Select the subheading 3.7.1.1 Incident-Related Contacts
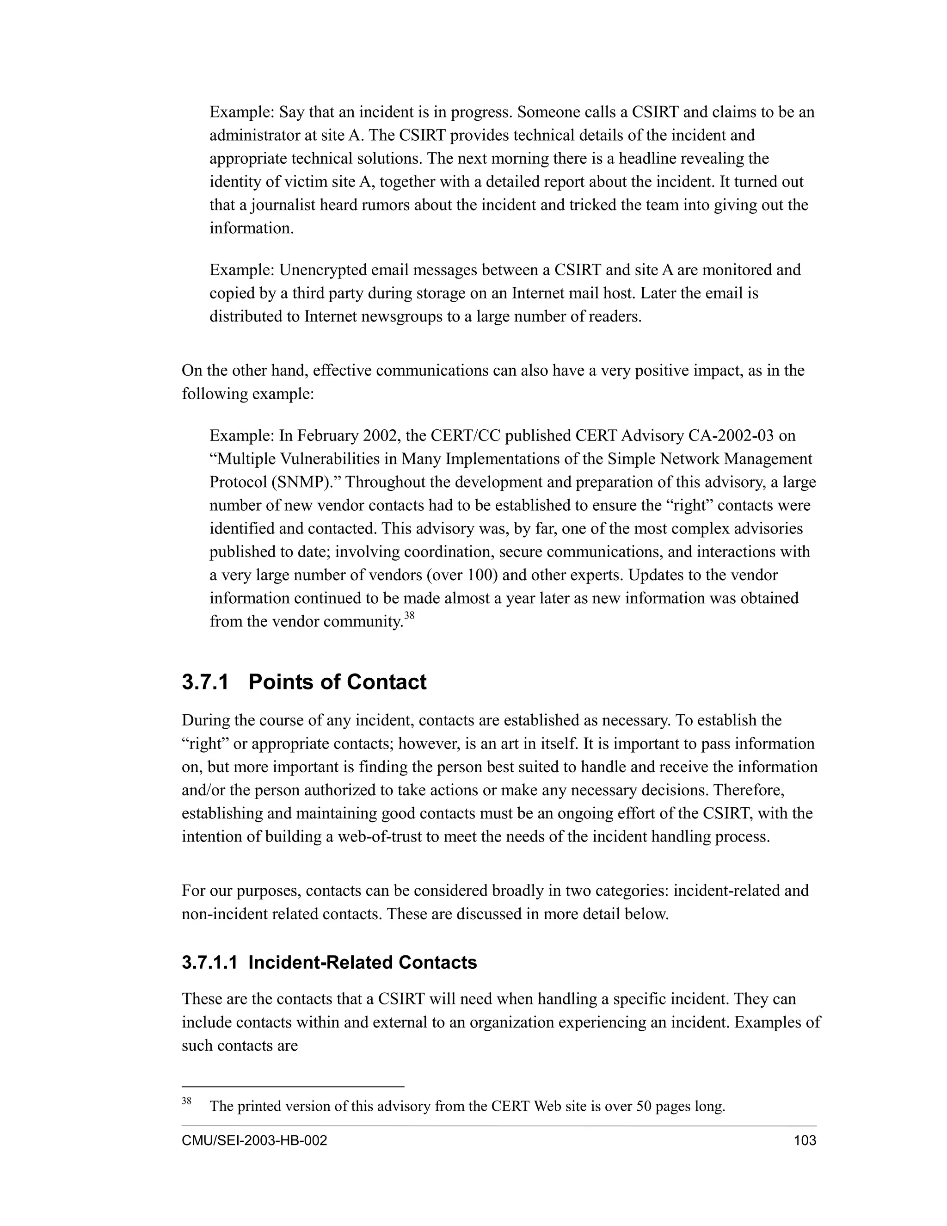(329, 962)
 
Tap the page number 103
(805, 1140)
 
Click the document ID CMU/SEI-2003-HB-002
(254, 1140)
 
